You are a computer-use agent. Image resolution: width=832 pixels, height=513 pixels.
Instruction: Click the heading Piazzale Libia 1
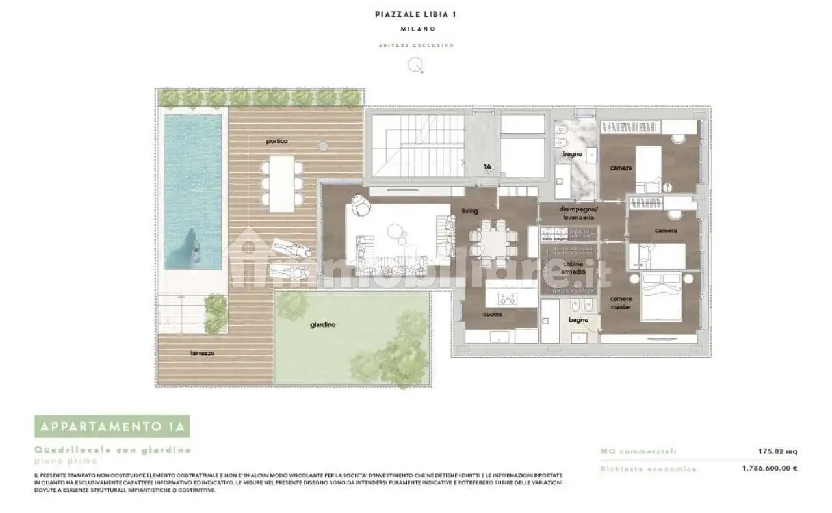[415, 14]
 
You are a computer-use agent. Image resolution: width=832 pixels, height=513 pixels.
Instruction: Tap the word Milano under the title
[415, 29]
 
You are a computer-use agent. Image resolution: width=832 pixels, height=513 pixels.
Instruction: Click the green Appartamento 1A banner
[112, 427]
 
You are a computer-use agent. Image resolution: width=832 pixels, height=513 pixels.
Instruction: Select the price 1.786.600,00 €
[770, 468]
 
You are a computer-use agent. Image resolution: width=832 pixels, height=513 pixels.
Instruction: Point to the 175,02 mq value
[777, 451]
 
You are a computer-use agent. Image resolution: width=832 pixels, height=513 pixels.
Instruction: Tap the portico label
[276, 141]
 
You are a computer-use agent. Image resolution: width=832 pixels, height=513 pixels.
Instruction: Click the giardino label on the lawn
[322, 325]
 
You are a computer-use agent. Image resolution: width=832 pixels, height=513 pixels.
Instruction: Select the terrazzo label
[202, 354]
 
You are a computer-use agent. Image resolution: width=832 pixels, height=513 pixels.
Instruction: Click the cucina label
[492, 314]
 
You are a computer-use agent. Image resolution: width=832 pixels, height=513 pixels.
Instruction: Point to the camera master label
[620, 303]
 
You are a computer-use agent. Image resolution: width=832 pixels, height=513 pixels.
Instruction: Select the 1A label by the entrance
[486, 167]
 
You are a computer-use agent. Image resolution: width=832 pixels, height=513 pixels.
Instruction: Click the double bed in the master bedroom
[660, 296]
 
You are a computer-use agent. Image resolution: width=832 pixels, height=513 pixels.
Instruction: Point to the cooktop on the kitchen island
[507, 298]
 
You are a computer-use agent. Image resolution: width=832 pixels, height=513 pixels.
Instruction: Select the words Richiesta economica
[648, 469]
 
